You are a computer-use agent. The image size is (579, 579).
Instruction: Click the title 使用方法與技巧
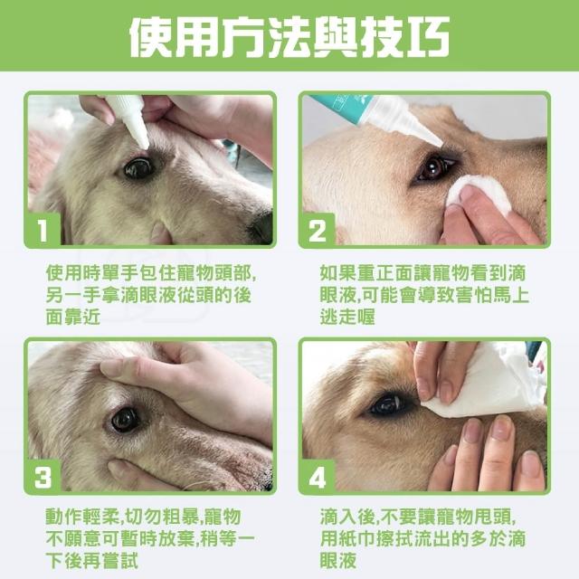289,36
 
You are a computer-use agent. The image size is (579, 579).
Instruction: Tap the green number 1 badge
43,229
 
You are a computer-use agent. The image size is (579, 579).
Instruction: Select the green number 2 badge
318,229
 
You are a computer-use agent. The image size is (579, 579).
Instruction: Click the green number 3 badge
43,476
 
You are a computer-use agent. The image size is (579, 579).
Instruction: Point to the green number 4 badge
318,476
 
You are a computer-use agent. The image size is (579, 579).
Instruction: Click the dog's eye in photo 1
138,168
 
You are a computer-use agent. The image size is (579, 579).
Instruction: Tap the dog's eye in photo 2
435,168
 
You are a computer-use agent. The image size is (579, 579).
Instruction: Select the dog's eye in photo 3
125,420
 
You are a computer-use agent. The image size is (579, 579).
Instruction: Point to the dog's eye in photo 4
388,404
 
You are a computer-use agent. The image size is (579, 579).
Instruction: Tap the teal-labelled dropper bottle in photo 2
376,118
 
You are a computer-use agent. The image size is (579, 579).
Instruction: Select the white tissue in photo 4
488,380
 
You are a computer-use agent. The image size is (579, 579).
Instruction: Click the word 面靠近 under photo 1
73,318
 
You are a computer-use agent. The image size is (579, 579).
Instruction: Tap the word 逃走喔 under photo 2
347,318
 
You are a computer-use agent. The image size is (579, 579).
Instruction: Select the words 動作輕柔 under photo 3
82,517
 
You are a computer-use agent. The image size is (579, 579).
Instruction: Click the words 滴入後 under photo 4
347,517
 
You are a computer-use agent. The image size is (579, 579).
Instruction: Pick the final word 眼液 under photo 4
337,561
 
